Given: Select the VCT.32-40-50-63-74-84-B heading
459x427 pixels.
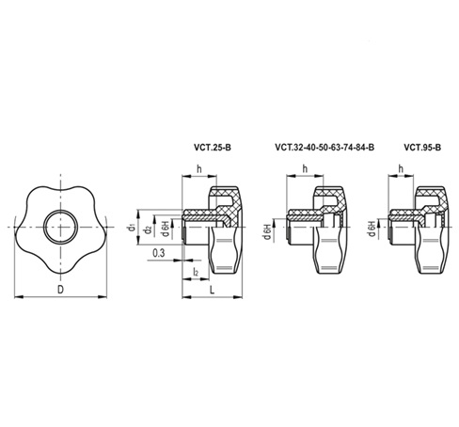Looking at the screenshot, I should click(324, 147).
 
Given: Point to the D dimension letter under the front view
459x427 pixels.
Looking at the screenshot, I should click(60, 290).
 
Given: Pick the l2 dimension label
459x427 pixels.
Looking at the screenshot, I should click(195, 271).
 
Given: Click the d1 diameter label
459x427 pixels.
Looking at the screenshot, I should click(131, 226).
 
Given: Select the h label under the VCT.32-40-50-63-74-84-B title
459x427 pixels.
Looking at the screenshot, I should click(306, 169).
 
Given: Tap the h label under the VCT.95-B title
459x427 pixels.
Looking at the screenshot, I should click(402, 169).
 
